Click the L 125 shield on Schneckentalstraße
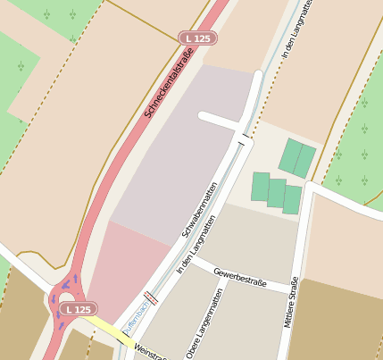tap(197, 38)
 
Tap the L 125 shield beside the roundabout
tap(78, 309)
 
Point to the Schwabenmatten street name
tap(200, 209)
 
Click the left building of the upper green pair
tap(291, 155)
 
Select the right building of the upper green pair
tap(306, 160)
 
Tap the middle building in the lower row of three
tap(277, 193)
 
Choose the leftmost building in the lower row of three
tap(260, 187)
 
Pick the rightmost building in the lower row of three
tap(293, 199)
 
